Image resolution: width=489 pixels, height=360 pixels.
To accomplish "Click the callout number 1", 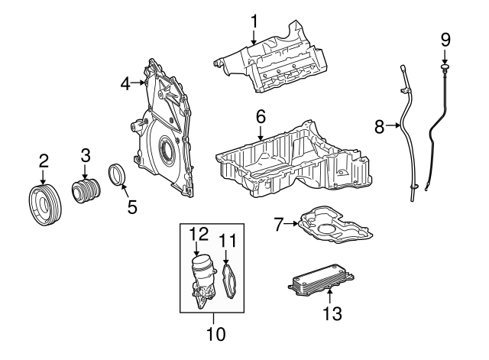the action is click(254, 21).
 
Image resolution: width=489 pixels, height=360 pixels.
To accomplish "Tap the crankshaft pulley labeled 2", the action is click(45, 206).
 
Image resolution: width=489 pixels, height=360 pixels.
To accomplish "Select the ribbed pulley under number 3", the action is click(86, 190).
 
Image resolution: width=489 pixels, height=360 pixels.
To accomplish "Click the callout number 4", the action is click(125, 83).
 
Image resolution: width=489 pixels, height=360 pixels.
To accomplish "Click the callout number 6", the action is click(261, 117).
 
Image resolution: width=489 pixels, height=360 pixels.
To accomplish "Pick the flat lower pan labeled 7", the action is click(335, 225).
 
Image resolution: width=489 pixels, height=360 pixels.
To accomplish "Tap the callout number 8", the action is click(379, 126).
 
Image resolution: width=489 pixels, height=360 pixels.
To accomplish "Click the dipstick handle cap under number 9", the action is click(445, 68).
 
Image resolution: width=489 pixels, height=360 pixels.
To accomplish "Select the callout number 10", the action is click(215, 334).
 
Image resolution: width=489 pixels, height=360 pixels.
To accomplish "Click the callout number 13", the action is click(332, 313).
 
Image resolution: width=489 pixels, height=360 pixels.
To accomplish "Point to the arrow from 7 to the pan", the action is click(291, 224).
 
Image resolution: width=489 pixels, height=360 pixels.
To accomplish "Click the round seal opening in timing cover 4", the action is click(165, 150).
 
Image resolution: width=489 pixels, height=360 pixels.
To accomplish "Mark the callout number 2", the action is click(44, 161).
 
